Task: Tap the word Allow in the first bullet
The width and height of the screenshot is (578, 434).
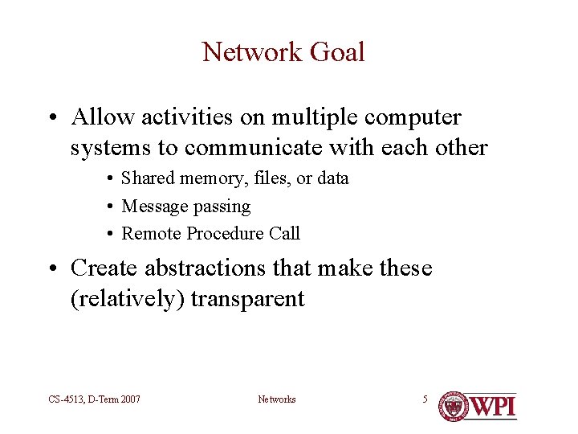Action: tap(103, 117)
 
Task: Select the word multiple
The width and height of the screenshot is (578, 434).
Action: tap(315, 117)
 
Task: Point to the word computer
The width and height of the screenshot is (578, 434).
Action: tap(413, 118)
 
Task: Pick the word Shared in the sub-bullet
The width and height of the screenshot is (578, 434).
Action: tap(147, 178)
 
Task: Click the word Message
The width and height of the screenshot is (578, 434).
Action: tap(152, 207)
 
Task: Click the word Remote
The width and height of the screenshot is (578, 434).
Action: tap(151, 234)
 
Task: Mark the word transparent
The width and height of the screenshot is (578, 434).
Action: tap(249, 300)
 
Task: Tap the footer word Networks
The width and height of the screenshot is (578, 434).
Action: tap(276, 399)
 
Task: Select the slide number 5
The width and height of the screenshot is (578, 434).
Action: tap(425, 399)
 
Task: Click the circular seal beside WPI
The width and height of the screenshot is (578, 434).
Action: tap(453, 406)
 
